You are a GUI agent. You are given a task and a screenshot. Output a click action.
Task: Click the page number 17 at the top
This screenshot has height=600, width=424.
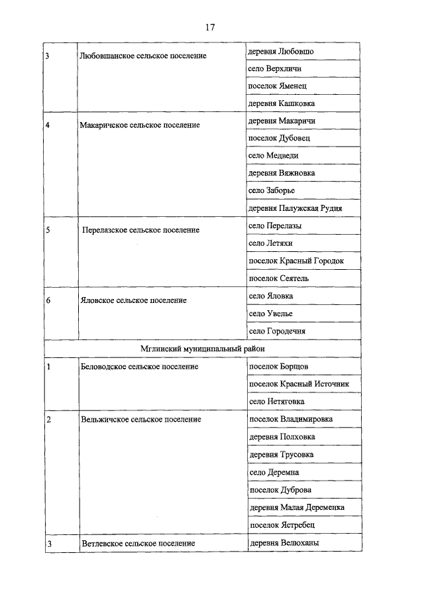tap(210, 27)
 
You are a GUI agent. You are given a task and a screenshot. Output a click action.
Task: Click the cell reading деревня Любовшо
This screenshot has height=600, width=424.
tap(281, 51)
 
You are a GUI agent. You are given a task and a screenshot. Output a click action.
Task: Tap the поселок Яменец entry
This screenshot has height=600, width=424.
tap(277, 86)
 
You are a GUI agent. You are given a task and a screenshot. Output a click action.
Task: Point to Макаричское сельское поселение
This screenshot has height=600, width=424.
tap(139, 125)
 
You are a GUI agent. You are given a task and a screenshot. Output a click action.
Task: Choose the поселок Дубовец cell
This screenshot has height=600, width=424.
tap(279, 138)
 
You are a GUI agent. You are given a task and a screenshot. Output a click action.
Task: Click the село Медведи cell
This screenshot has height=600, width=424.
tap(273, 155)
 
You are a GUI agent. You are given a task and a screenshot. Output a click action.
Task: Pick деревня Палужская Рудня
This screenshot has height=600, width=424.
tap(296, 208)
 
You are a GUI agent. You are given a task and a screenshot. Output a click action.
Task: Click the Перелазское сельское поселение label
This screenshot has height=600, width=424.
tap(141, 230)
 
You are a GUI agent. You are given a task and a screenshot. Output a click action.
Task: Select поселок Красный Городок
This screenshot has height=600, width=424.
tap(296, 261)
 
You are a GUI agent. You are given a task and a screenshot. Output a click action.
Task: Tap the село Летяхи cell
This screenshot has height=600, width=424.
tap(270, 243)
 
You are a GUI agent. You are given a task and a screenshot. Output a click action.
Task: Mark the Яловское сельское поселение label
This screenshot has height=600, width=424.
tap(132, 300)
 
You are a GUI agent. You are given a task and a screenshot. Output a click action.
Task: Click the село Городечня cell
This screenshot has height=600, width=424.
tap(276, 331)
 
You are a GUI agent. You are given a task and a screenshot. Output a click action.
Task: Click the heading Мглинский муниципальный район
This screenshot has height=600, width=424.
tap(203, 348)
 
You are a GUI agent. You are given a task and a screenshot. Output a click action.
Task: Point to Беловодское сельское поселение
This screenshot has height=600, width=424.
tap(138, 366)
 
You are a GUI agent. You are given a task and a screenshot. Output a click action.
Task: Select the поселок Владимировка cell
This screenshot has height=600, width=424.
tap(291, 419)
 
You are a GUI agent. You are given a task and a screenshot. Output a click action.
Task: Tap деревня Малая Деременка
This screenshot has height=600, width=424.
tap(296, 507)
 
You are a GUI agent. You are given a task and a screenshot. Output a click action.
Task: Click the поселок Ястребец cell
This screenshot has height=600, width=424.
tap(282, 525)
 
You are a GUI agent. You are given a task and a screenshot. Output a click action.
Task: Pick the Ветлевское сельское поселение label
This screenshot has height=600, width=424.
tap(138, 544)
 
